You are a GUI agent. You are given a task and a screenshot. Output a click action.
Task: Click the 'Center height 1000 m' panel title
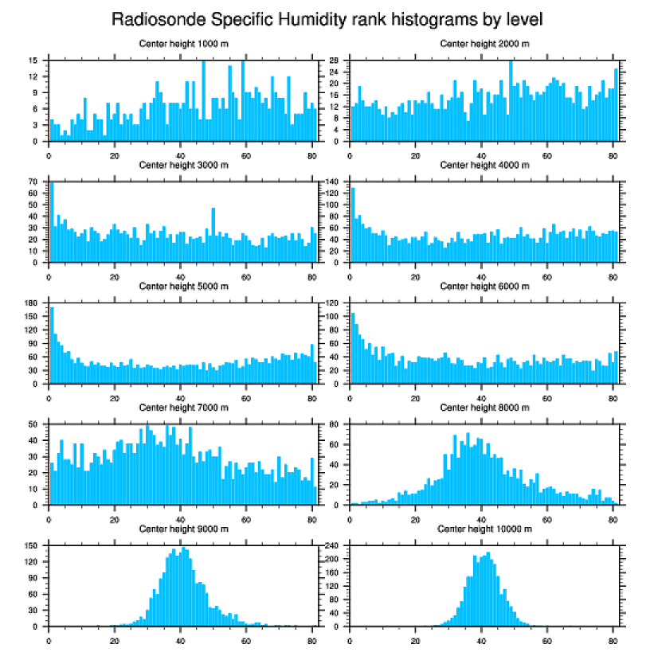[183, 44]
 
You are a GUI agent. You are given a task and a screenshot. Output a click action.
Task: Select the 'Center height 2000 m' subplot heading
[484, 44]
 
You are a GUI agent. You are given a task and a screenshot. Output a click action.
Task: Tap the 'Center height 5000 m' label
[183, 287]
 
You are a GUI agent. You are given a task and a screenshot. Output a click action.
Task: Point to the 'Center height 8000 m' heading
[484, 408]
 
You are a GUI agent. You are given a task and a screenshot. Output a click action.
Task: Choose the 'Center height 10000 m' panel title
[484, 529]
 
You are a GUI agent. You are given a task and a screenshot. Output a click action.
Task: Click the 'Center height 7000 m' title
[183, 408]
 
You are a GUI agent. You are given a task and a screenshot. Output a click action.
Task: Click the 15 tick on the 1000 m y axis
[33, 61]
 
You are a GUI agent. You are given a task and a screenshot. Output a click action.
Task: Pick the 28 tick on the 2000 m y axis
[335, 61]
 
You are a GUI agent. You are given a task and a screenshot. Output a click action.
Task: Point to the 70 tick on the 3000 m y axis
[33, 182]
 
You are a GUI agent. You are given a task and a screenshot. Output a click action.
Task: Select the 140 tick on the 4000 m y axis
[334, 182]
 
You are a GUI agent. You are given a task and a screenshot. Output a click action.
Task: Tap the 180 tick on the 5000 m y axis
[32, 303]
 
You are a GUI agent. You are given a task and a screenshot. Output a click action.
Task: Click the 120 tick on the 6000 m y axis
[334, 303]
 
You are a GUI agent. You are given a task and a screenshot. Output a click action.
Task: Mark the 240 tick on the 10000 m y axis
[334, 546]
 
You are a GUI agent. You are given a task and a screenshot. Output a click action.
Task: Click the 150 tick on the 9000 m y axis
[32, 546]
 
